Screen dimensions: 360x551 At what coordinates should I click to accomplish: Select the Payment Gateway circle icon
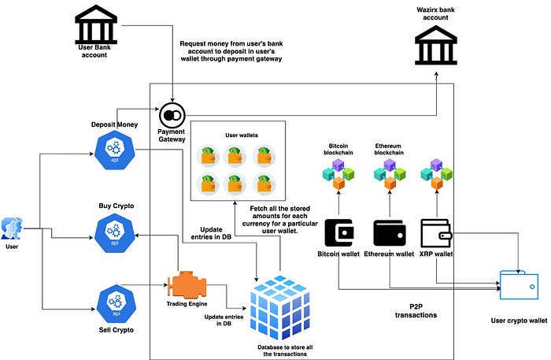(x=171, y=115)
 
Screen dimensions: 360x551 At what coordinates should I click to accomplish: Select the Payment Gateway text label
(x=171, y=135)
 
